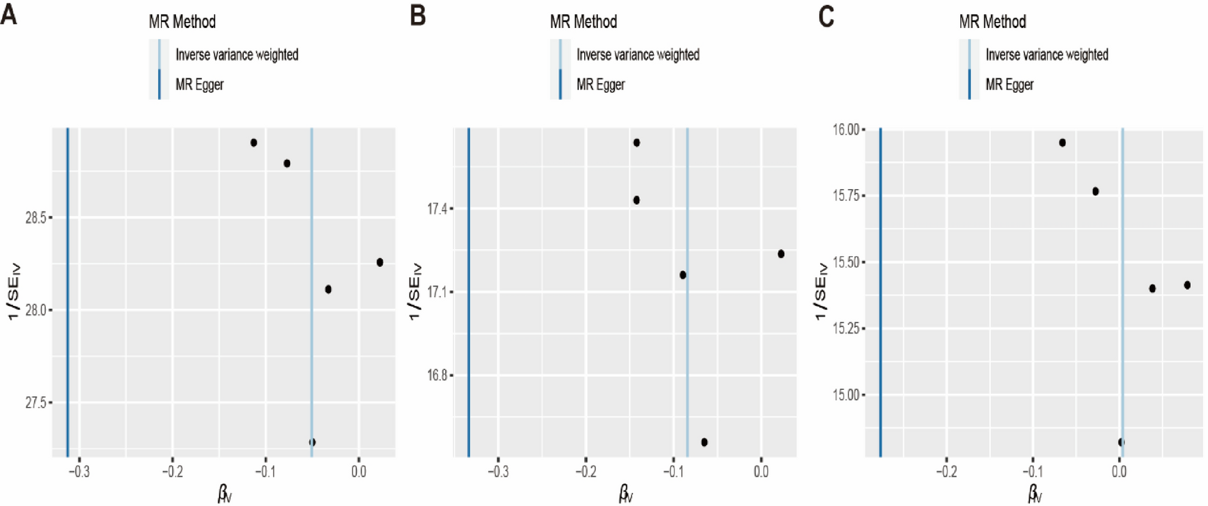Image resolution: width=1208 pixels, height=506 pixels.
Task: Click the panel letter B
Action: (418, 14)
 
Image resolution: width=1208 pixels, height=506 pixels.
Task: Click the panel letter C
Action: (826, 15)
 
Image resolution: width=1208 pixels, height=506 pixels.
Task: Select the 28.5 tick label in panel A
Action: (35, 218)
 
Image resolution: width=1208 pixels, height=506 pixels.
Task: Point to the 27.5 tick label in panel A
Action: (35, 403)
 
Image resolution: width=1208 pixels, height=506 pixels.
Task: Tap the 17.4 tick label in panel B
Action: (437, 209)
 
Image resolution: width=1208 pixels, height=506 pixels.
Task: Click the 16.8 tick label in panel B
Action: (437, 376)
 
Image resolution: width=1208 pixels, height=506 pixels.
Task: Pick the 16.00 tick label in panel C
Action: (846, 130)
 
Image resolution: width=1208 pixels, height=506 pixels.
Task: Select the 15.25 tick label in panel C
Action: (846, 328)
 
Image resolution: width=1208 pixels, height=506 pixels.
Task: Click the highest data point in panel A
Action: (254, 143)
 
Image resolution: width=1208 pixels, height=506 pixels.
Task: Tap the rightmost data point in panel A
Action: (380, 262)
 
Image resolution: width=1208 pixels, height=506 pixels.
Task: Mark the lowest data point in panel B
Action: (704, 442)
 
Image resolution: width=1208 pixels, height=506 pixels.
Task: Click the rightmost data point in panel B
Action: (781, 254)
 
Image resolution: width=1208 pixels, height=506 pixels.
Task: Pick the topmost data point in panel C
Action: (1063, 143)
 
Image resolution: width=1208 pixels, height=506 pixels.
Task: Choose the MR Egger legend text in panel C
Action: (1009, 85)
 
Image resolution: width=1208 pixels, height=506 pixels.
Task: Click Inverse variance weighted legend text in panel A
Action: (237, 55)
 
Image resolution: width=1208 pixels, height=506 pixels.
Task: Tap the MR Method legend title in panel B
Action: (584, 22)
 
